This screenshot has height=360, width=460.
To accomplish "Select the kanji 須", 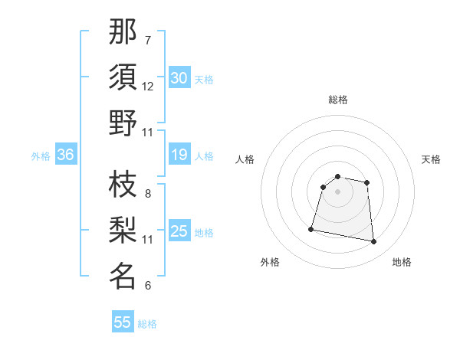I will (123, 77).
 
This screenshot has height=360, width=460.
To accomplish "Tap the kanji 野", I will (123, 123).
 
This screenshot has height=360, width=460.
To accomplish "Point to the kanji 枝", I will (123, 184).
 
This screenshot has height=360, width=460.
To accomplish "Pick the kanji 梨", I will (123, 230).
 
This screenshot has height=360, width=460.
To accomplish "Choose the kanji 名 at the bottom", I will (123, 276).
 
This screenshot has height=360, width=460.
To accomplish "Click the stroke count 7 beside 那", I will (148, 40).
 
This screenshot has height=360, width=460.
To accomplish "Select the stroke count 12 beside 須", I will (148, 87).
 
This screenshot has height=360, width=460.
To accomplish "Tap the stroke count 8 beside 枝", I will (148, 193).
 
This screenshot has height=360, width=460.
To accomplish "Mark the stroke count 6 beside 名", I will (148, 286).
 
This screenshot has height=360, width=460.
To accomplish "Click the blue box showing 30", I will (179, 78).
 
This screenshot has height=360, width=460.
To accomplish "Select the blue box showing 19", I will (179, 155).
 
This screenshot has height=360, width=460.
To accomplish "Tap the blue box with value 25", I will (179, 232).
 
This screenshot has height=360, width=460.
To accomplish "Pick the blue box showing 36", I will (65, 155).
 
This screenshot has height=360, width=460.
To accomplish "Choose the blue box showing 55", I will (123, 322).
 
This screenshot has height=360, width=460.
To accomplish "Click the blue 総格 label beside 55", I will (147, 324).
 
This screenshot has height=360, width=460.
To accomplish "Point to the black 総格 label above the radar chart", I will (337, 100).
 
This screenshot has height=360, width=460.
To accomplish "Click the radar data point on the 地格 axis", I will (374, 242).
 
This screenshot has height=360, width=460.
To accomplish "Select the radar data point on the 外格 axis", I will (311, 228).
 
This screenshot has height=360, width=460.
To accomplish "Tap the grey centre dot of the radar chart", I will (337, 191).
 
